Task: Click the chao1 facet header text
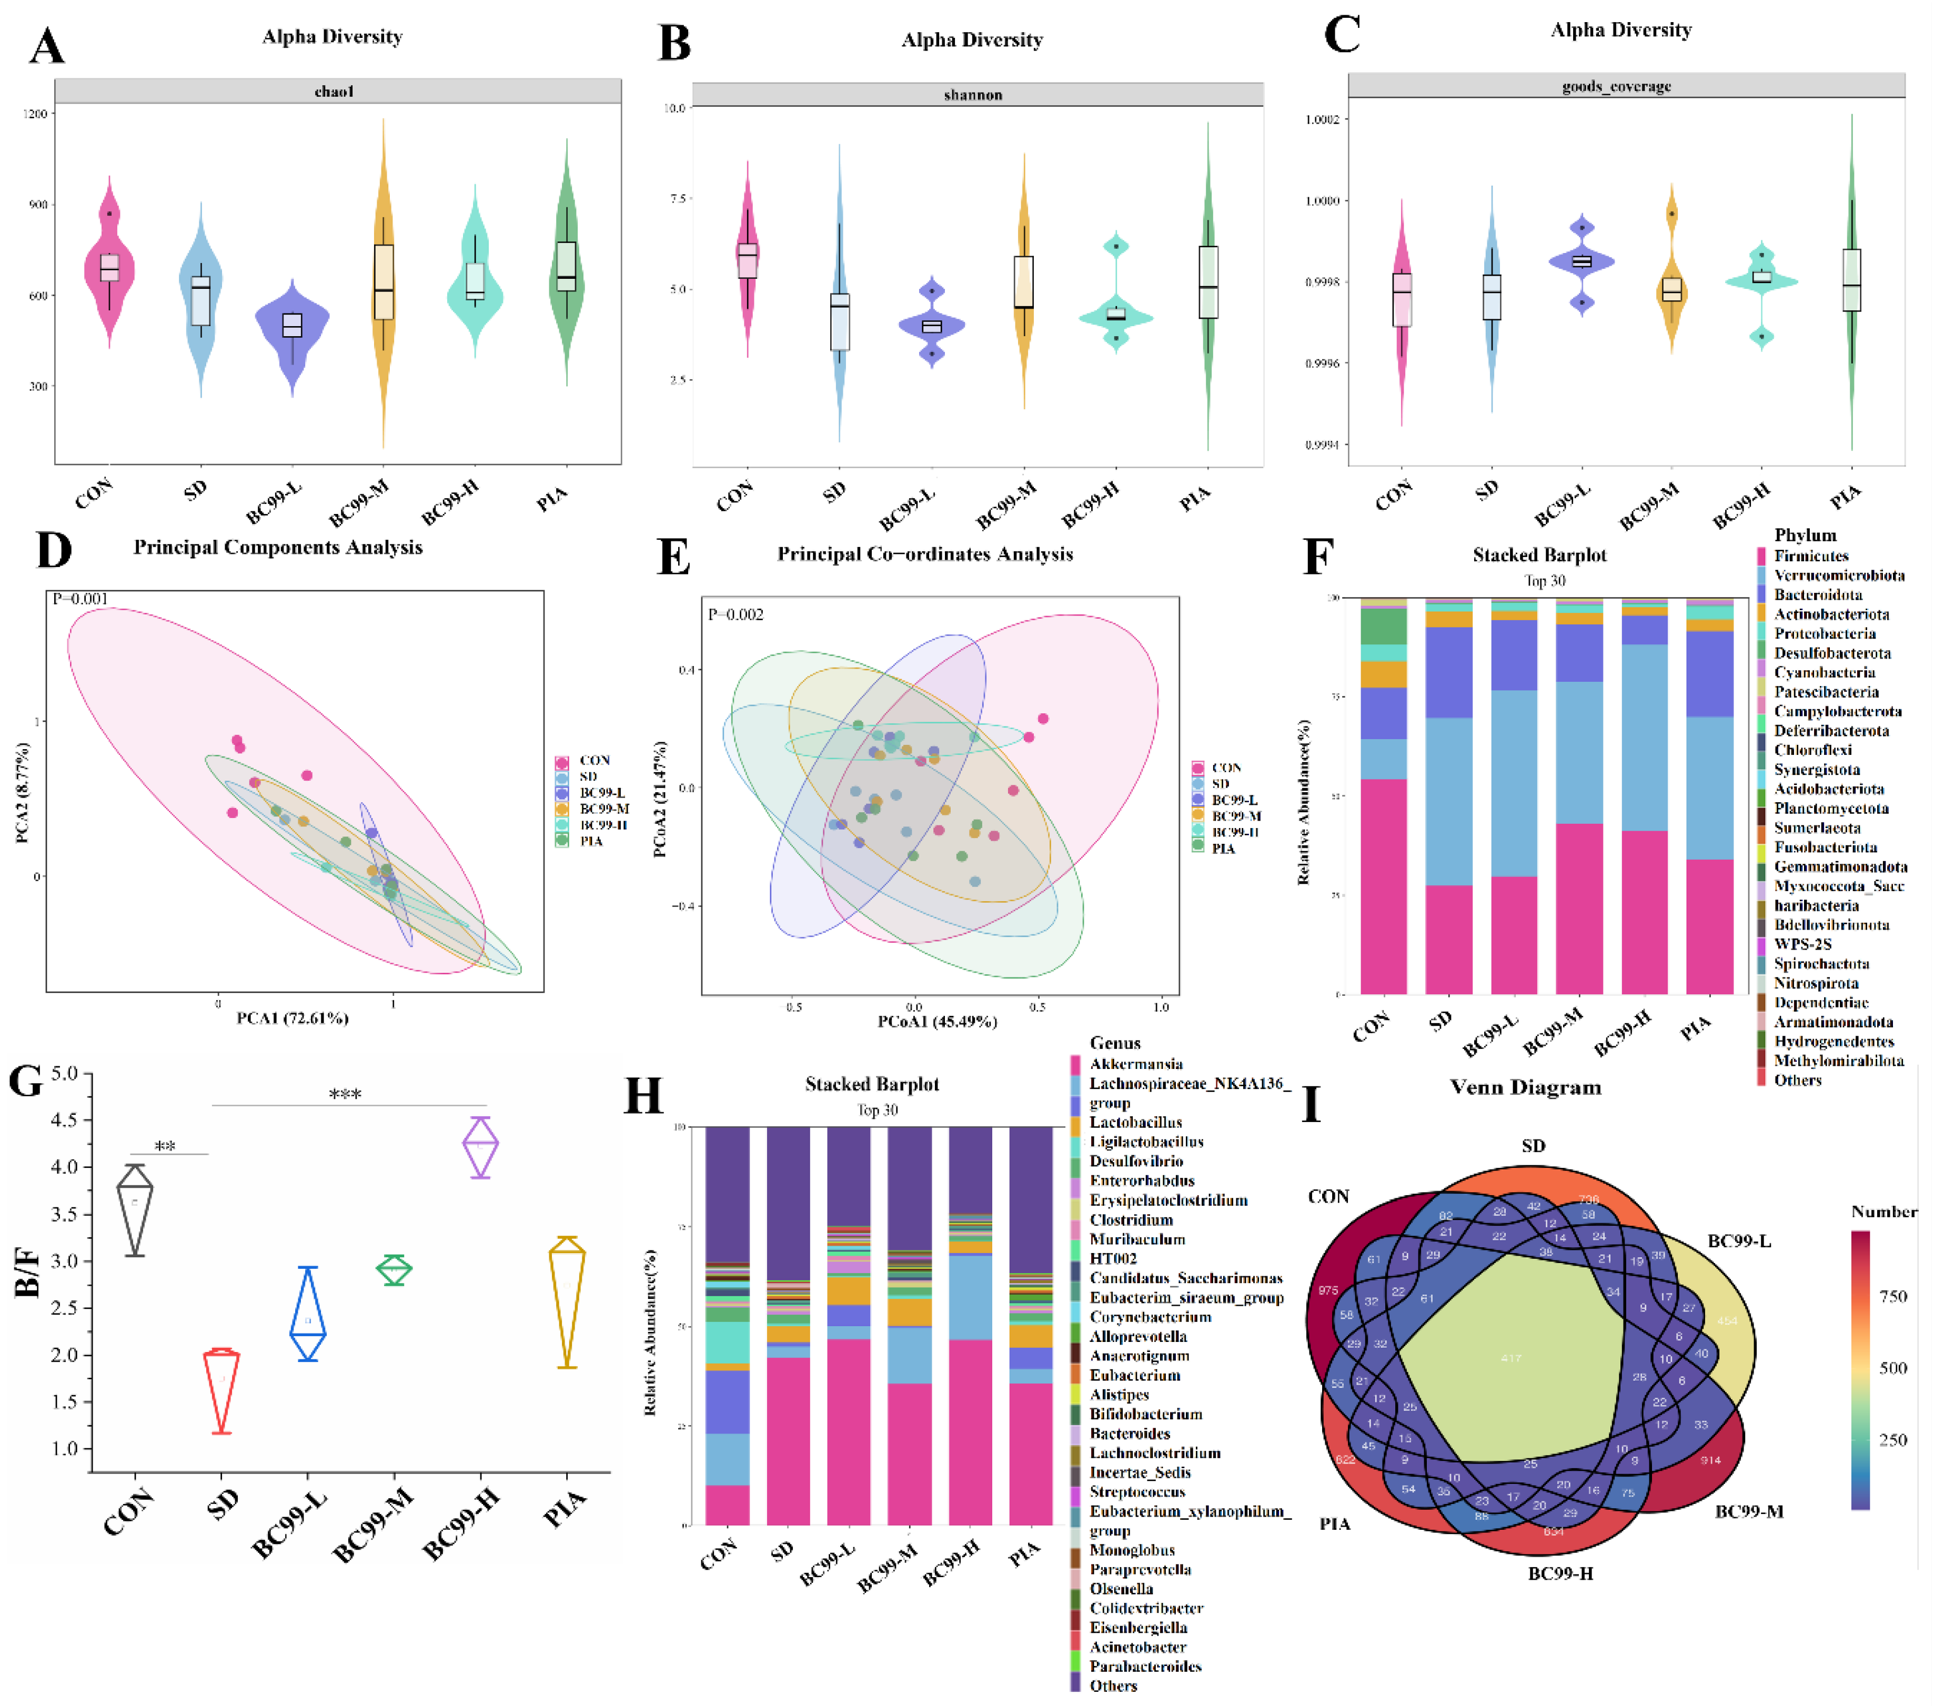tap(334, 92)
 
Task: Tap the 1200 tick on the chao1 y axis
tap(35, 114)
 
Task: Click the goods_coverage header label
tap(1616, 87)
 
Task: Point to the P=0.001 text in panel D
tap(80, 599)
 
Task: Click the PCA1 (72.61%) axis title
tap(293, 1018)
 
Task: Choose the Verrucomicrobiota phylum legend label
tap(1838, 576)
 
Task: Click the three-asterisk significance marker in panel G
tap(345, 1095)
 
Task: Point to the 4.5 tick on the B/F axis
tap(64, 1120)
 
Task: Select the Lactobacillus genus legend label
tap(1135, 1122)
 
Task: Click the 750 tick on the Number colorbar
tap(1892, 1296)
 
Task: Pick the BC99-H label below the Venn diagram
tap(1560, 1573)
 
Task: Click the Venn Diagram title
tap(1525, 1087)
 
